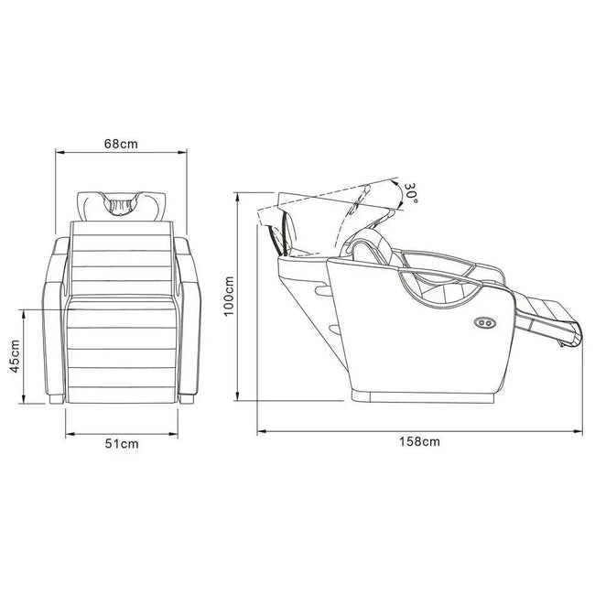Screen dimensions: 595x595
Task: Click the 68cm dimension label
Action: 121,145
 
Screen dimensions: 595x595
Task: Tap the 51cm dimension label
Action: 122,444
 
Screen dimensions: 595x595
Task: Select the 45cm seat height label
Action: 15,356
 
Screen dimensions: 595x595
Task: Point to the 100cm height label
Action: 229,297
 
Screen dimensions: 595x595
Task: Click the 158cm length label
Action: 419,442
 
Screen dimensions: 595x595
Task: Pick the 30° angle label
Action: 411,193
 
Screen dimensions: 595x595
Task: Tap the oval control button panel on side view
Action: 484,323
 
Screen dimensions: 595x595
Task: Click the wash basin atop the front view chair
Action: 122,207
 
